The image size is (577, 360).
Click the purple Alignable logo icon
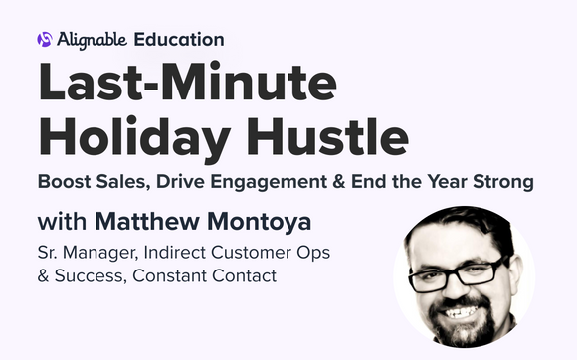click(44, 40)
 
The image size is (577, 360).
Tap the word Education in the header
click(179, 40)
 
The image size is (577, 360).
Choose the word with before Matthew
click(62, 221)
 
